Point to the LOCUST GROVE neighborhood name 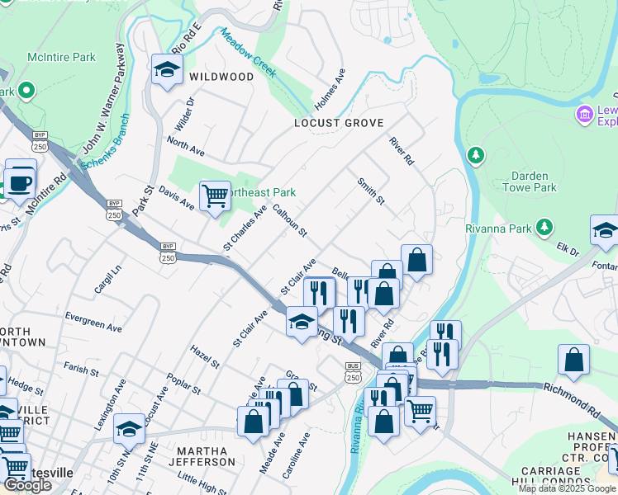339,123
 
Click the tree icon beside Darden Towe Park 475,154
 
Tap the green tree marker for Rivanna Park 544,226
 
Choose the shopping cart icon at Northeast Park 215,196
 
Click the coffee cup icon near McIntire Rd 19,181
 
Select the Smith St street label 371,191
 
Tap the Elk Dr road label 567,248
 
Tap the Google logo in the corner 27,485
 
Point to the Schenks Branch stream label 102,152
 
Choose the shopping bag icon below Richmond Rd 573,360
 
